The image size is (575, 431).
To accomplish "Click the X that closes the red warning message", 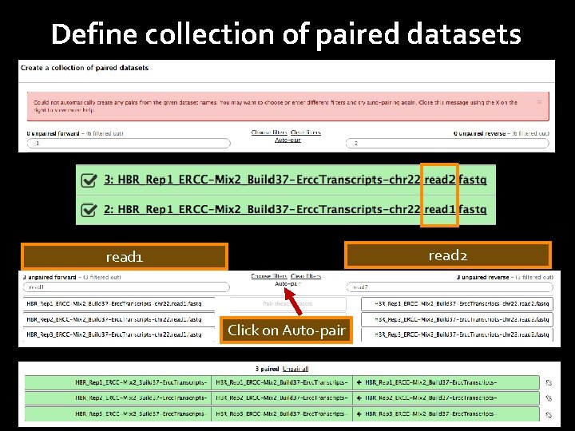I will tap(539, 102).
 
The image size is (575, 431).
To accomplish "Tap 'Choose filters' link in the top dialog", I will tap(268, 132).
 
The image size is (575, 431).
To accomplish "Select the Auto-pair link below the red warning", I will tap(287, 140).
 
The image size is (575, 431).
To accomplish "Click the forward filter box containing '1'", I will tap(128, 144).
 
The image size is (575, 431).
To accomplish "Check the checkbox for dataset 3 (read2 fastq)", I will tap(89, 180).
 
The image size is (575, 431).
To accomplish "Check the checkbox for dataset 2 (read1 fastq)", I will tap(89, 209).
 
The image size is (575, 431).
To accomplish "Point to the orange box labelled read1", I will tap(125, 257).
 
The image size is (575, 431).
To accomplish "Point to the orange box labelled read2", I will tap(447, 255).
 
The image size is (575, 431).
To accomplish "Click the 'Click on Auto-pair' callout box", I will tap(286, 330).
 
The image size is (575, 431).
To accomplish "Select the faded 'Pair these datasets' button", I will tap(287, 303).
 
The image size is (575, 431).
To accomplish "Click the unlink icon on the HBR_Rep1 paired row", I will tap(548, 382).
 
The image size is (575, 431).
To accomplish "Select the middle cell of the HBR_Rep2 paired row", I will tap(282, 397).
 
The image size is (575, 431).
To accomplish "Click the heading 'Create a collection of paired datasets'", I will tap(85, 68).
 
